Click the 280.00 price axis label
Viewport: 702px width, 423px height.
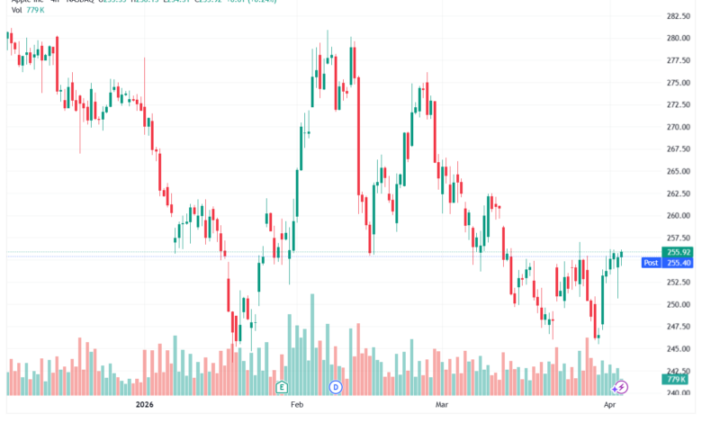click(x=678, y=39)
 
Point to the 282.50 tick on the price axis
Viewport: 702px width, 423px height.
click(x=678, y=16)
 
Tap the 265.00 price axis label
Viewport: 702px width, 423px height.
click(x=678, y=171)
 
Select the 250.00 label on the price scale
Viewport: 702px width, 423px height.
click(x=678, y=304)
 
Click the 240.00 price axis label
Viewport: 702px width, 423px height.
click(x=678, y=392)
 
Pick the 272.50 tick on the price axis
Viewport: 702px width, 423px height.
click(x=678, y=105)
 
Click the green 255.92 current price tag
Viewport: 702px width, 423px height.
click(x=678, y=252)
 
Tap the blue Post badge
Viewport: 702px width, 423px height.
click(x=650, y=263)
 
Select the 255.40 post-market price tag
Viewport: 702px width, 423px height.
click(x=678, y=263)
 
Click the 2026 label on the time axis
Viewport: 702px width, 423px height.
click(x=145, y=406)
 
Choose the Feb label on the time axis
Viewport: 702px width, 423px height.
click(x=297, y=406)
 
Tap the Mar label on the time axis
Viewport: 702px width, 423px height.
click(x=441, y=406)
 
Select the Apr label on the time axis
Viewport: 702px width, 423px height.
click(x=610, y=406)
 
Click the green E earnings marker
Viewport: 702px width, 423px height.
click(x=282, y=387)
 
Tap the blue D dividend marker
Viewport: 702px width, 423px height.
click(x=336, y=387)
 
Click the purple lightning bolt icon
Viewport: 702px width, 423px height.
click(x=621, y=387)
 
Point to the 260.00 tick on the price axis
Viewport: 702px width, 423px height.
click(x=678, y=215)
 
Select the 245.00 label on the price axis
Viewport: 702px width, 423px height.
click(x=678, y=348)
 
